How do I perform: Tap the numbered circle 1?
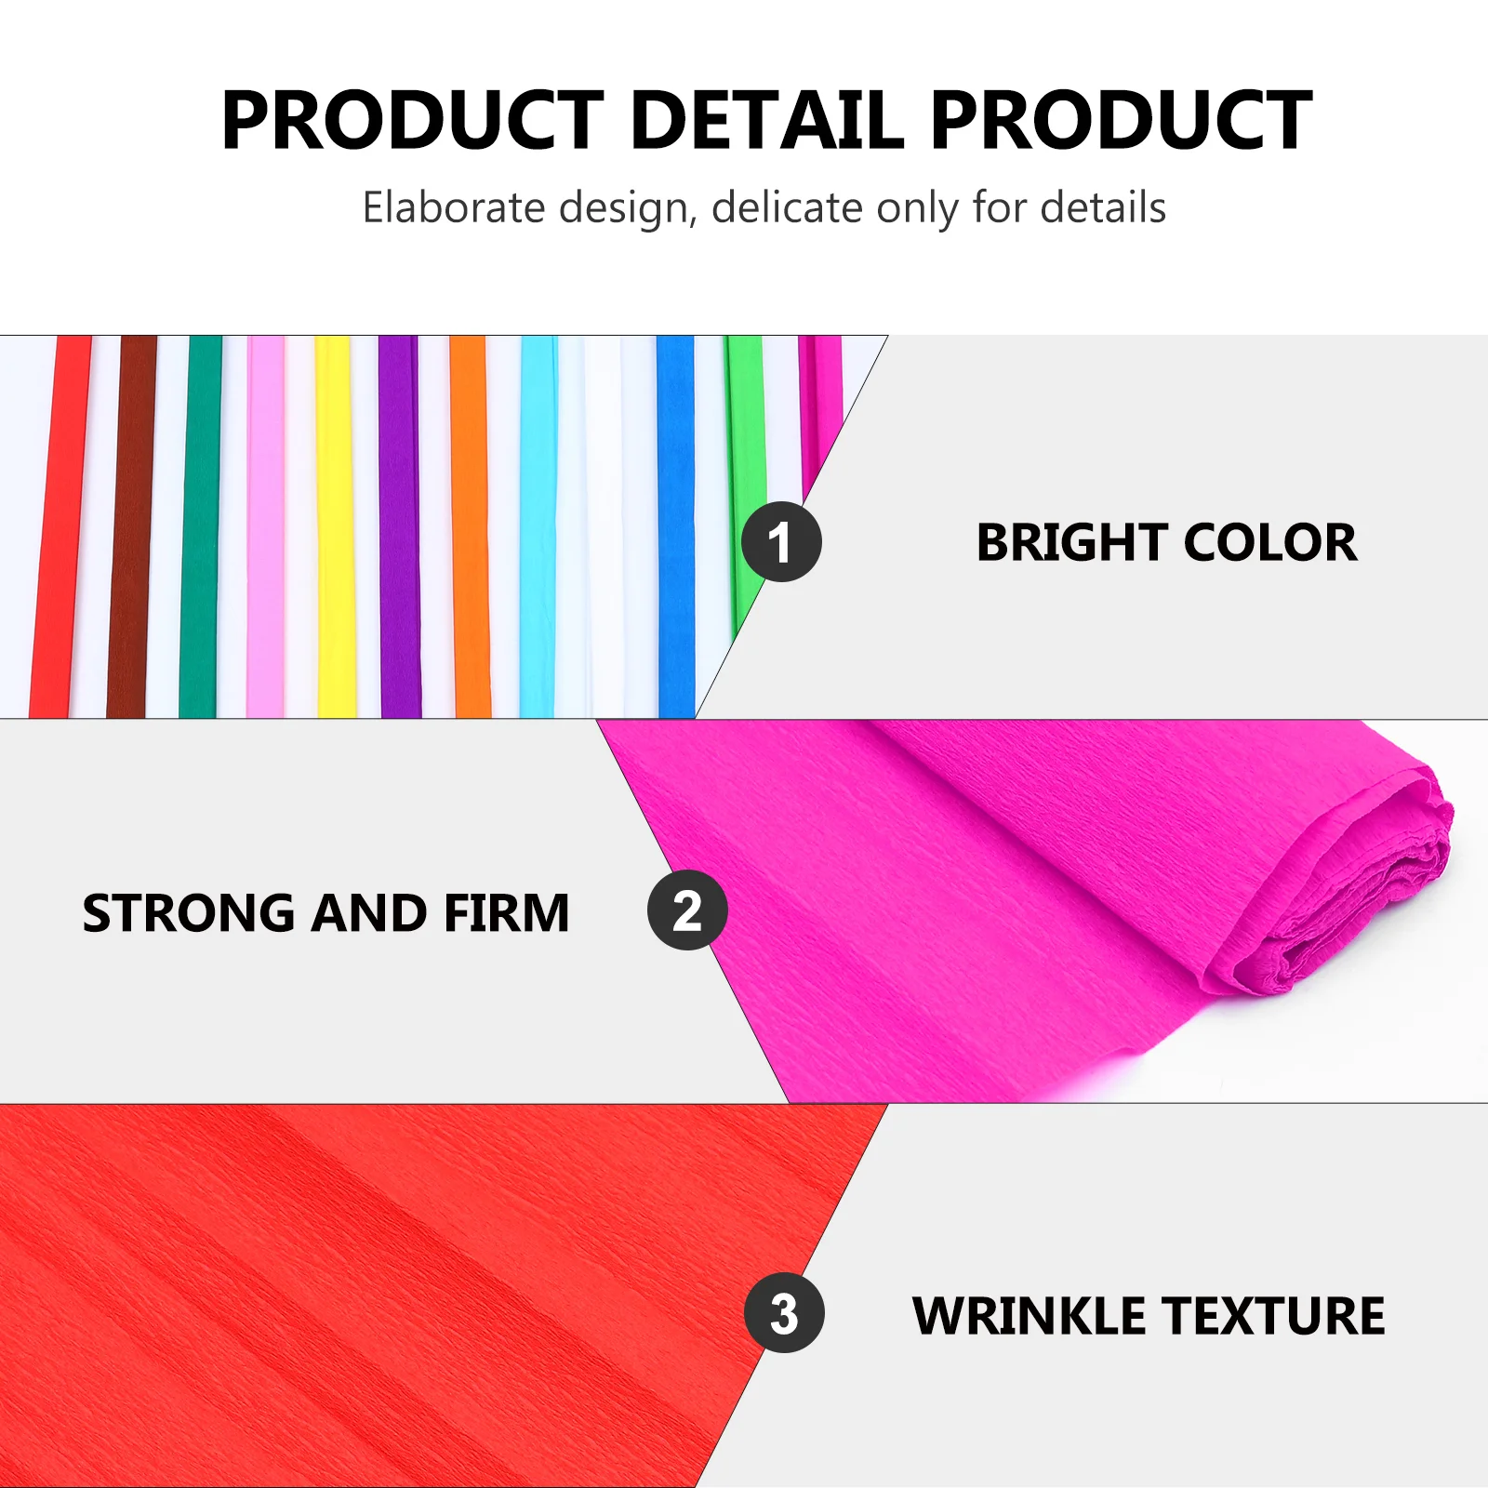(x=781, y=541)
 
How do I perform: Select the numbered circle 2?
(x=687, y=910)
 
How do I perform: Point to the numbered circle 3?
(x=784, y=1312)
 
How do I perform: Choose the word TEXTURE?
(x=1274, y=1316)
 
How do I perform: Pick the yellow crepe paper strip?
(x=335, y=526)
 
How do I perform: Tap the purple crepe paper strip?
(x=400, y=526)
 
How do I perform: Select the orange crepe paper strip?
(x=471, y=526)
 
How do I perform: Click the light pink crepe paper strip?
(x=266, y=526)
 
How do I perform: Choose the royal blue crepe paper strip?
(x=676, y=526)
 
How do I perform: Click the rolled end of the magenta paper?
(x=1348, y=893)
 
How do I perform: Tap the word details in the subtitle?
(x=1103, y=206)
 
